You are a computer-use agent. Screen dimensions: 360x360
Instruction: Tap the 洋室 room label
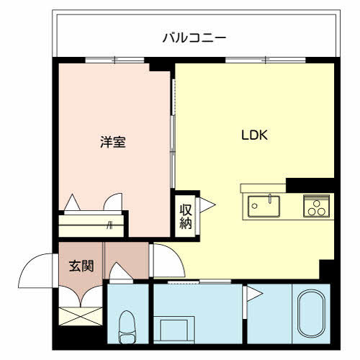coord(113,142)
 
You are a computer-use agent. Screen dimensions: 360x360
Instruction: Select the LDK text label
coord(255,135)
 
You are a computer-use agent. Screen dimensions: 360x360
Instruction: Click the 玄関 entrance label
coord(81,266)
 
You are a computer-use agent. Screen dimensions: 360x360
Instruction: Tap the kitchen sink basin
coord(264,206)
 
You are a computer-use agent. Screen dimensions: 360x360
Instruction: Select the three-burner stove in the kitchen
coord(315,206)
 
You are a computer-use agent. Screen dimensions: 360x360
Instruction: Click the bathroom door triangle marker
coord(253,292)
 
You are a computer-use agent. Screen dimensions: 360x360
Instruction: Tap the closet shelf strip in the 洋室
coord(90,225)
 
